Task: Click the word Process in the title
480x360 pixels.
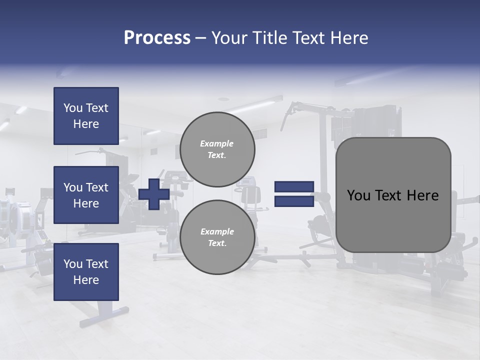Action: [157, 38]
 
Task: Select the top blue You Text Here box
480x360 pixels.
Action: [86, 116]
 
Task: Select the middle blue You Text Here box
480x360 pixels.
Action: [86, 195]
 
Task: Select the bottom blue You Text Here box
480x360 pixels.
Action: [86, 272]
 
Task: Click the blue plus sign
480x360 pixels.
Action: [154, 194]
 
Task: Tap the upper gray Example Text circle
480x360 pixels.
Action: [217, 149]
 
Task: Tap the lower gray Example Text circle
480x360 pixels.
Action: [217, 237]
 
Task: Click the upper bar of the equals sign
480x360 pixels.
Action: [294, 186]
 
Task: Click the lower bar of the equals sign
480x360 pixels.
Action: [294, 201]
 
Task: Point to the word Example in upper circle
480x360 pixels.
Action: [217, 143]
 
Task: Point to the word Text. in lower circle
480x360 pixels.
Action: [217, 243]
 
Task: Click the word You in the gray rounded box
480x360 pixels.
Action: [358, 195]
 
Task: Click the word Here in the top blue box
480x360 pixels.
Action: [86, 124]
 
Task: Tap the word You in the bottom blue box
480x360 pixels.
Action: [73, 264]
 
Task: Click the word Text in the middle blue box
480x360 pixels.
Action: [96, 187]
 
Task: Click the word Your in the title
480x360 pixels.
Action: [228, 38]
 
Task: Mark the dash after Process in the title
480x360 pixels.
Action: [201, 38]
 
